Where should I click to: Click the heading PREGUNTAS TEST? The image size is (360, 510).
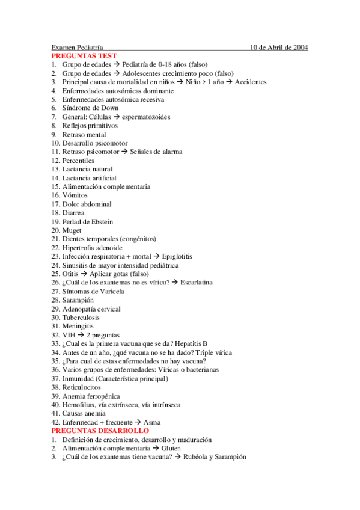coord(84,55)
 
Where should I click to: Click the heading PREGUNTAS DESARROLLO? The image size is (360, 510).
coord(100,431)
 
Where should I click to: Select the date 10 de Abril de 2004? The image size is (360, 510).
coord(279,47)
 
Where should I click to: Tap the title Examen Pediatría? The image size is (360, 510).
coord(77,47)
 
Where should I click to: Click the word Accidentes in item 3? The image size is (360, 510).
coord(251,82)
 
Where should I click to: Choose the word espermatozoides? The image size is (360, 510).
coord(146,117)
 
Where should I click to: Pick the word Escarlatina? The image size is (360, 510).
coord(192,283)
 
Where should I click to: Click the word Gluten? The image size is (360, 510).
coord(171,448)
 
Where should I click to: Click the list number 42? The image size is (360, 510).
coord(55,422)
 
